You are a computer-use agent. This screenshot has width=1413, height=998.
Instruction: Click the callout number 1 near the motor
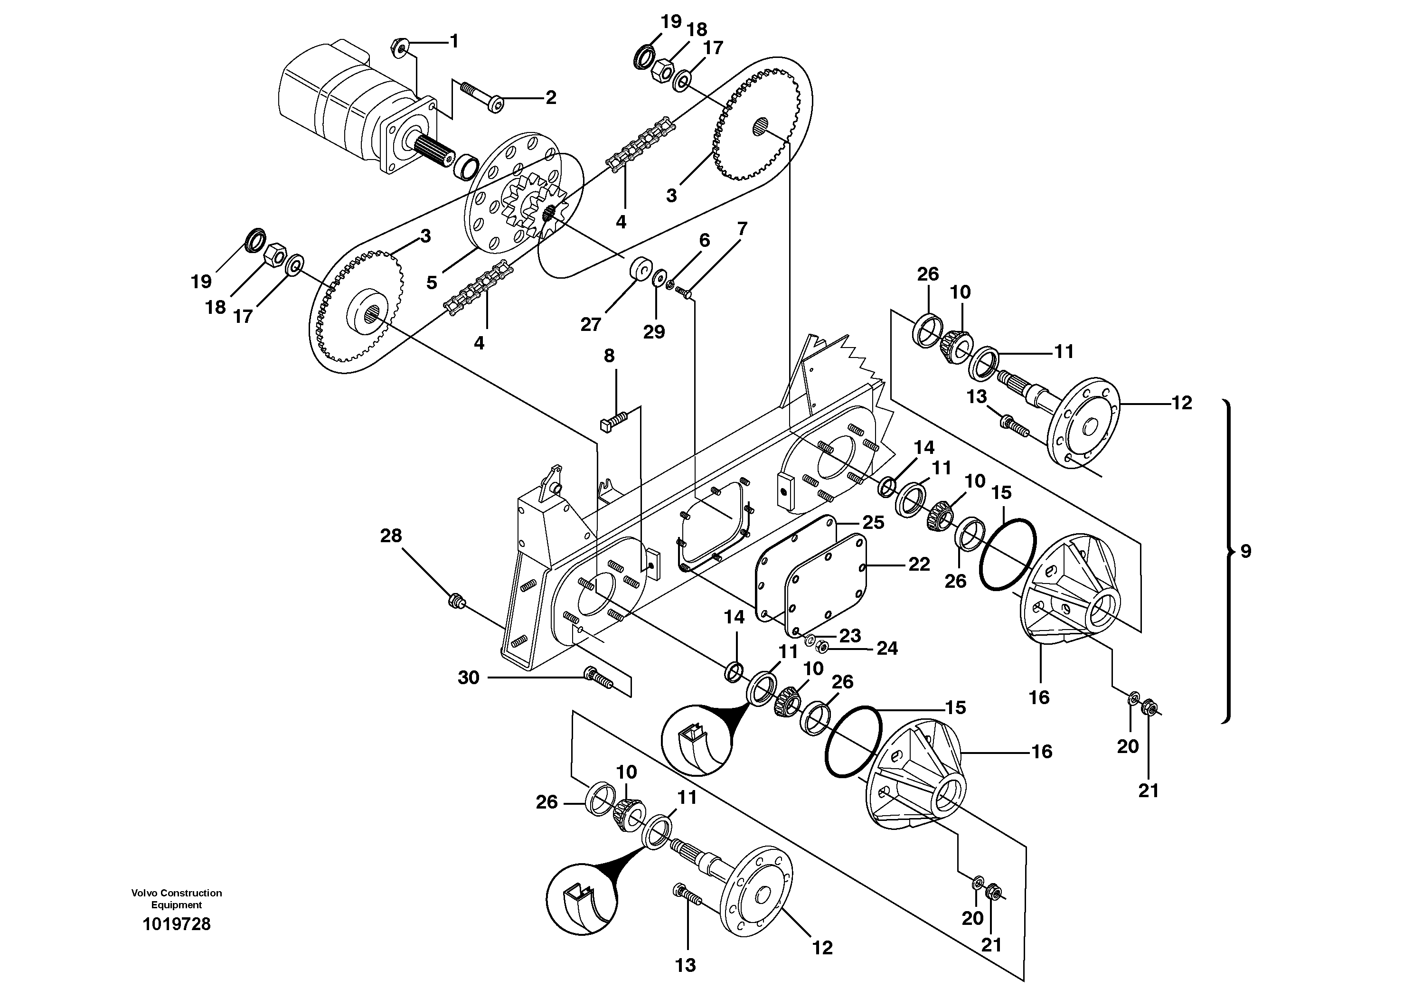tap(454, 42)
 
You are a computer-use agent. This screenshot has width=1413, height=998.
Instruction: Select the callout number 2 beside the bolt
tap(550, 97)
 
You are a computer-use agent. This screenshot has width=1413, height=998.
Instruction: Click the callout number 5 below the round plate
tap(432, 282)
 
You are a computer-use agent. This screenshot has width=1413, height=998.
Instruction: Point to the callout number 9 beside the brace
tap(1245, 551)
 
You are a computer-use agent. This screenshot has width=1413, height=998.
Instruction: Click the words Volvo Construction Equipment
tap(177, 898)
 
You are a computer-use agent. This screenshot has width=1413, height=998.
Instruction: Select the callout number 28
tap(391, 536)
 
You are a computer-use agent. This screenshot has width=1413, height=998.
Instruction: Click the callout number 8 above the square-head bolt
tap(609, 356)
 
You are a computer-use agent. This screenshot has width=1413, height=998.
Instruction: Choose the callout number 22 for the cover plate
tap(919, 564)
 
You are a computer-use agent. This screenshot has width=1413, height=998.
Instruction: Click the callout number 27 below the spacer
tap(590, 324)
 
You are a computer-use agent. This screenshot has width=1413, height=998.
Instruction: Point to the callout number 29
tap(654, 332)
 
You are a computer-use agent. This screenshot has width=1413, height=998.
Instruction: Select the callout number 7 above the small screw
tap(742, 229)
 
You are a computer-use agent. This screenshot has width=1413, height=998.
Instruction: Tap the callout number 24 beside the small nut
tap(887, 648)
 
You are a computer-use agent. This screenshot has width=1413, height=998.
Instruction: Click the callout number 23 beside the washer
tap(850, 636)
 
